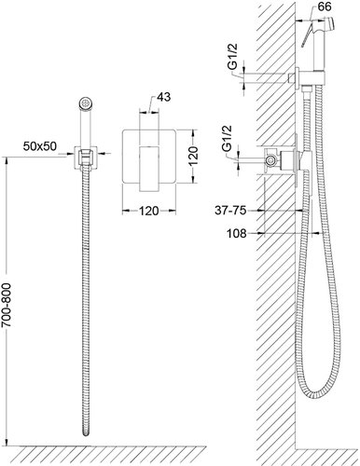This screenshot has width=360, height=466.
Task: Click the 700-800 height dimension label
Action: pos(7,305)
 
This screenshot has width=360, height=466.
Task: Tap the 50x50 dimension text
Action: pos(40,146)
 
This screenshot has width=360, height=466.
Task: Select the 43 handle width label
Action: pos(164,97)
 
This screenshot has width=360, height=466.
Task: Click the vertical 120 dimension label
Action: pos(193,156)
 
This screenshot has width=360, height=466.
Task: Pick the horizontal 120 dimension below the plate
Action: pos(149,212)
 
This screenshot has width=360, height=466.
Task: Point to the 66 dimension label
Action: pos(325,7)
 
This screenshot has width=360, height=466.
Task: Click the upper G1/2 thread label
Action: pos(233,57)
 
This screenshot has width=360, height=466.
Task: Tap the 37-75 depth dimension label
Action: pos(230,211)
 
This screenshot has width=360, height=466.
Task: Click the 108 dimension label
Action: pos(236,233)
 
